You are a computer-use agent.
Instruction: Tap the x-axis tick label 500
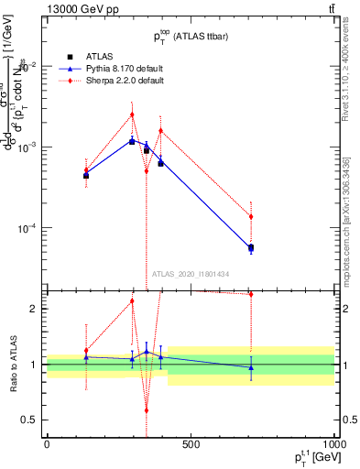[x=191, y=444]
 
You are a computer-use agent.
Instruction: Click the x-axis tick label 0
[x=47, y=444]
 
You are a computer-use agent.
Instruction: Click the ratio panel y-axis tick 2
[x=34, y=309]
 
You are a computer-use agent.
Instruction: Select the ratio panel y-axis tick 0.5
[x=31, y=420]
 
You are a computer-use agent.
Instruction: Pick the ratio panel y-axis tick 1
[x=34, y=365]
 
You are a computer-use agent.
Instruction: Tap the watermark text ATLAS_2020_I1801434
[x=191, y=275]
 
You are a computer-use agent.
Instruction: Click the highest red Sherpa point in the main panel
[x=132, y=115]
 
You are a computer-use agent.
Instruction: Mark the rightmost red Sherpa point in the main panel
[x=250, y=217]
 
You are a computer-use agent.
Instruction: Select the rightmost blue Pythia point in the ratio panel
[x=250, y=367]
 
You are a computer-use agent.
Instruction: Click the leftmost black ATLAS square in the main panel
[x=86, y=175]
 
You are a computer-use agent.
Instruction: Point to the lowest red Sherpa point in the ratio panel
[x=147, y=410]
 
